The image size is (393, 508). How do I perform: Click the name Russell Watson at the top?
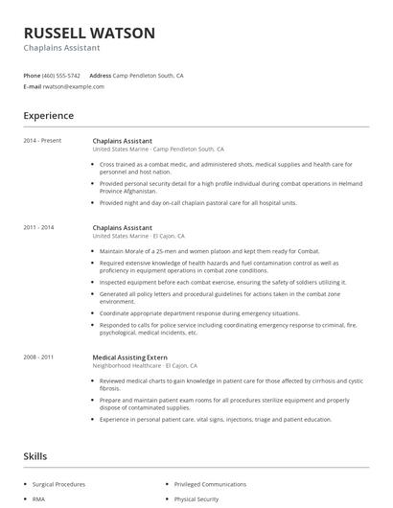pos(88,33)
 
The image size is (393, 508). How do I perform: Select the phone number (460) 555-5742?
pos(62,75)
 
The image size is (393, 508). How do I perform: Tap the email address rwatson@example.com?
pos(74,86)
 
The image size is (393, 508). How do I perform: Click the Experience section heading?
pos(49,116)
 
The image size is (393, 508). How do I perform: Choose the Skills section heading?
pos(35,456)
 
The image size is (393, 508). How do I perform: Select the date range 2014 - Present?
pos(42,141)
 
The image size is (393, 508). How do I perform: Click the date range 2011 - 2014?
pos(39,227)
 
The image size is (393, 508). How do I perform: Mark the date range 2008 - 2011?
pos(39,357)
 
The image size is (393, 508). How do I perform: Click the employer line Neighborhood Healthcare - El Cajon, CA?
pos(145,365)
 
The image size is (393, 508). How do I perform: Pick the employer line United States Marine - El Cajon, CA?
pos(139,236)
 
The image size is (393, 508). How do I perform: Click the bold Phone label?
pos(32,75)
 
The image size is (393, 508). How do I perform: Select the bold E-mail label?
pos(32,86)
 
